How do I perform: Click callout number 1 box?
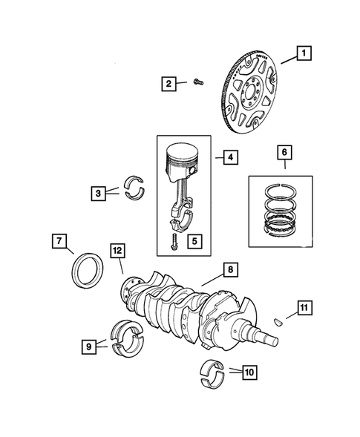(304, 53)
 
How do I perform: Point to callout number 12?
(117, 251)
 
